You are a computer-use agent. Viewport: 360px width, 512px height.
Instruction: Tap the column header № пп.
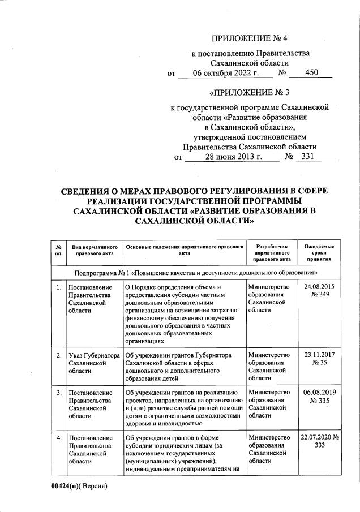pyautogui.click(x=58, y=251)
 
